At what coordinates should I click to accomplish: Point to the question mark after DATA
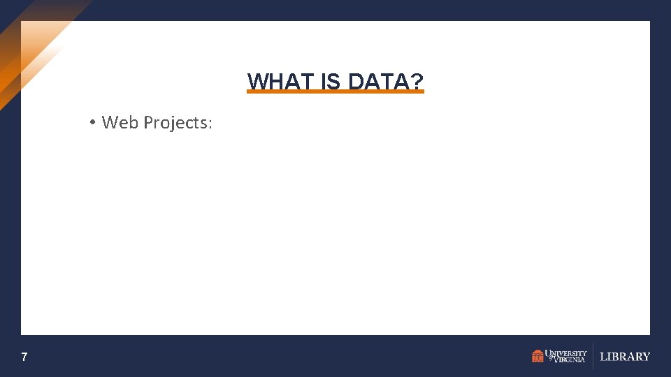click(417, 82)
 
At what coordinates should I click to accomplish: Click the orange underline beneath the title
click(335, 91)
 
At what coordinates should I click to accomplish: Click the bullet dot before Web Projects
click(92, 123)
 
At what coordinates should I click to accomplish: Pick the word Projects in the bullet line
click(175, 124)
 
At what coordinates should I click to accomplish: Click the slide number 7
click(24, 357)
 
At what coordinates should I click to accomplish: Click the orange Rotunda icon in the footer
click(537, 356)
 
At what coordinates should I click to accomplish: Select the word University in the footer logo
click(567, 353)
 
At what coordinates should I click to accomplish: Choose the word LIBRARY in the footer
click(625, 357)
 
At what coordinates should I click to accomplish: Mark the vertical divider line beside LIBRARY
click(593, 356)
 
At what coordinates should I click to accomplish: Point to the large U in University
click(549, 353)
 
